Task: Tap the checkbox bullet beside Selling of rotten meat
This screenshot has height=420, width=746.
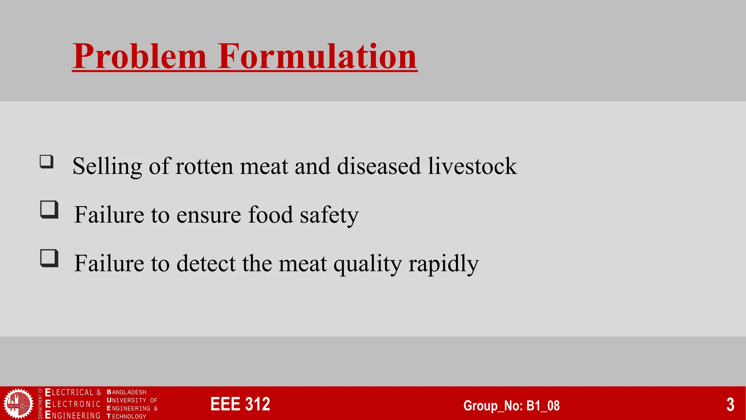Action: pyautogui.click(x=47, y=162)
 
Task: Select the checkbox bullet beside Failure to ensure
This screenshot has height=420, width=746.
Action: pyautogui.click(x=49, y=210)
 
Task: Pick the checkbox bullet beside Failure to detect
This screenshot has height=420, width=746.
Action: pyautogui.click(x=49, y=258)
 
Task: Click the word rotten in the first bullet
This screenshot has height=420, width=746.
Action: pyautogui.click(x=204, y=167)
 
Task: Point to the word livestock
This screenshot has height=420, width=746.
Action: pyautogui.click(x=472, y=167)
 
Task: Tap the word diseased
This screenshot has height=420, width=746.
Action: pyautogui.click(x=379, y=167)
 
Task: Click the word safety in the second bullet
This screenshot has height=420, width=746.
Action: pyautogui.click(x=329, y=215)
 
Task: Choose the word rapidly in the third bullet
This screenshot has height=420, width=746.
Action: pyautogui.click(x=443, y=264)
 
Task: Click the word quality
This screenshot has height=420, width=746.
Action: pyautogui.click(x=367, y=264)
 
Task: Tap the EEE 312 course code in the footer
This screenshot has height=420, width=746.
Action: pyautogui.click(x=240, y=404)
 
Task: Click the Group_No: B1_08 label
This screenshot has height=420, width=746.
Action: pyautogui.click(x=511, y=405)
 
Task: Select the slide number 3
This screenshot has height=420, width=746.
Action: pyautogui.click(x=730, y=404)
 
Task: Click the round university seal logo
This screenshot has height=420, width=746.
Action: pyautogui.click(x=18, y=404)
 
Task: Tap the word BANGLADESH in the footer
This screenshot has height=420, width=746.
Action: pyautogui.click(x=127, y=392)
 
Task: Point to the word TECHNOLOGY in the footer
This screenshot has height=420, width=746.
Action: pyautogui.click(x=127, y=416)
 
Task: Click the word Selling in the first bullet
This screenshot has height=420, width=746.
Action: pyautogui.click(x=107, y=167)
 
